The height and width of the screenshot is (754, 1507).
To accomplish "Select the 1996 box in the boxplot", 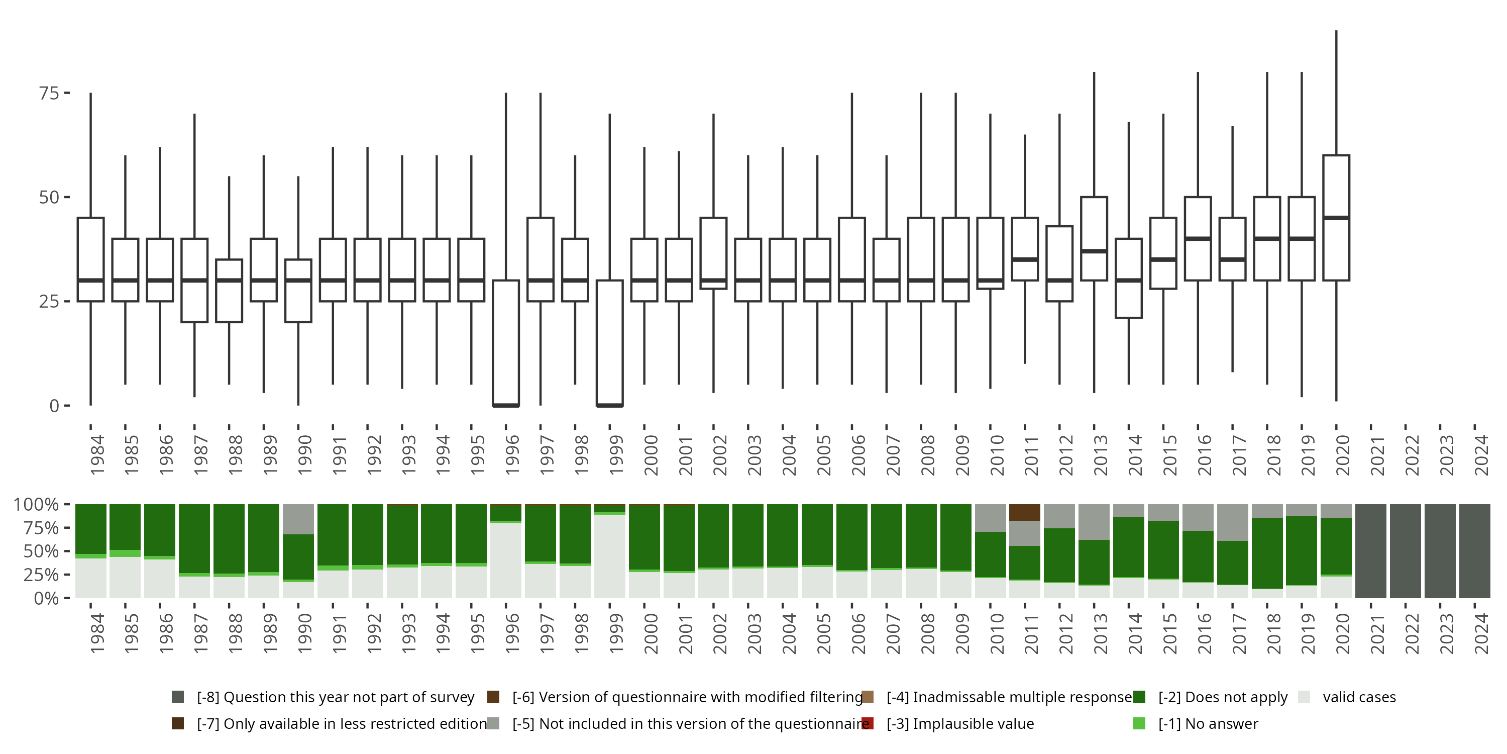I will click(x=505, y=342).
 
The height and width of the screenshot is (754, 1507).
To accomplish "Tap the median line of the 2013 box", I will click(x=1094, y=251).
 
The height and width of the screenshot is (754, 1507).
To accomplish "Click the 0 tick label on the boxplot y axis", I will click(x=54, y=406).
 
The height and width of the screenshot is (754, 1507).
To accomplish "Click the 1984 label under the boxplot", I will click(x=97, y=454).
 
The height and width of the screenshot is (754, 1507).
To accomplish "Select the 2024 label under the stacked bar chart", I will click(x=1481, y=633).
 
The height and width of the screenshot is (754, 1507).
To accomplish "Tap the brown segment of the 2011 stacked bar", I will click(x=1024, y=512).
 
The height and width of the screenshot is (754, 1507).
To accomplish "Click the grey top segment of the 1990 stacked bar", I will click(x=298, y=519).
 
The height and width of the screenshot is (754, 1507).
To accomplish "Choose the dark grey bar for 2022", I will click(x=1405, y=551).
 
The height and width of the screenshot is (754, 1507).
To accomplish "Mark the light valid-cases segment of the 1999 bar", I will click(x=610, y=556).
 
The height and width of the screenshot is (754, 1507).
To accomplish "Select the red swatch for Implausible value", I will click(x=868, y=723).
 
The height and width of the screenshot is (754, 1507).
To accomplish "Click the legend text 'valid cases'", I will click(x=1359, y=697).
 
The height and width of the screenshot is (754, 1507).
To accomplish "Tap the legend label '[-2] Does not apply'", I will click(x=1223, y=697).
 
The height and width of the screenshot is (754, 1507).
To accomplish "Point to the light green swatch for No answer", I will click(x=1139, y=723).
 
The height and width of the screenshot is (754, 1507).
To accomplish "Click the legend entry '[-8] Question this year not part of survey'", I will click(x=335, y=697).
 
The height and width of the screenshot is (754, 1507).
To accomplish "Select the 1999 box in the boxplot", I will click(x=610, y=342).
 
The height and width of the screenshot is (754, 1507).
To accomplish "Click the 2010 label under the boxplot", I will click(x=997, y=454).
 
